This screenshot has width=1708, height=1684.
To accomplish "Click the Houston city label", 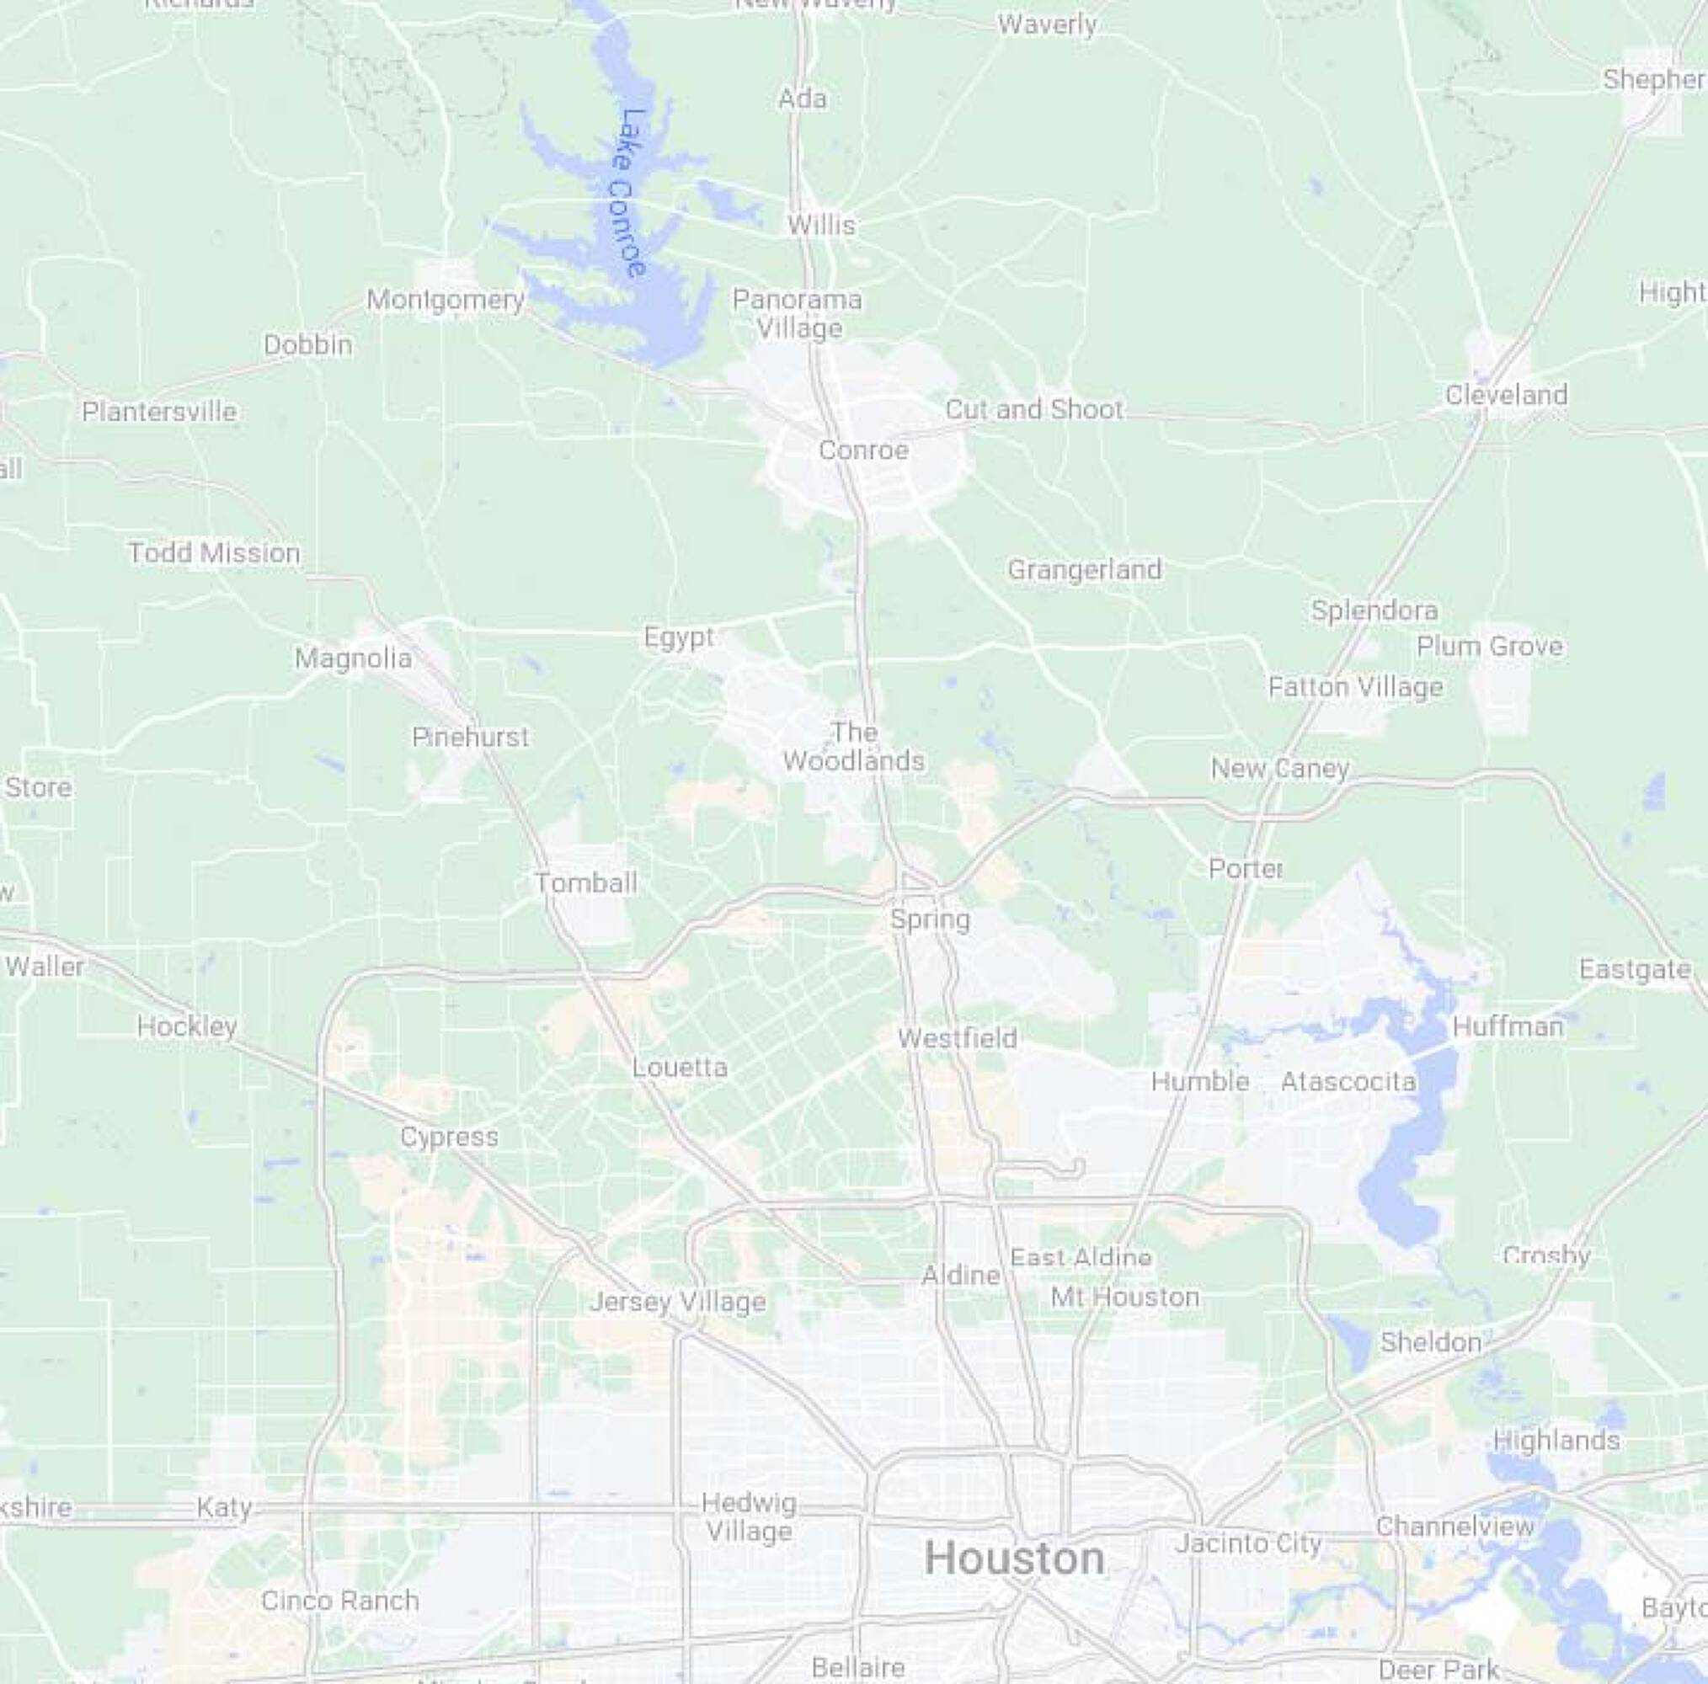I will tap(1014, 1557).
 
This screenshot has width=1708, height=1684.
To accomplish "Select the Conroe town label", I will tap(862, 450).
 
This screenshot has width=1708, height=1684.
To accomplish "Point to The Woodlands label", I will tap(853, 747).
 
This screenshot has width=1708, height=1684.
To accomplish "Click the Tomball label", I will tap(585, 882).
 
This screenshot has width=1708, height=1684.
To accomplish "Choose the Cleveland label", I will tap(1506, 394).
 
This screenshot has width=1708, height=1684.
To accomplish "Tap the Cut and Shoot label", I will tap(1033, 409).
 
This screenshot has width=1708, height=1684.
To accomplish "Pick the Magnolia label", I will tap(353, 658).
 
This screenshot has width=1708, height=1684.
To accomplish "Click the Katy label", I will tap(224, 1506).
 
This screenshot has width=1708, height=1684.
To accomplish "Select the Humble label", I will tap(1199, 1081).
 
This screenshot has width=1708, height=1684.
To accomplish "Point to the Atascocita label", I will tap(1348, 1081).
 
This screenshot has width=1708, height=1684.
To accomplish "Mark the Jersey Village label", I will tap(677, 1302).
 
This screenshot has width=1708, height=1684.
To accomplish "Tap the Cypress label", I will tap(449, 1137).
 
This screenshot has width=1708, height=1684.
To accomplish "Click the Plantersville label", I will tap(159, 411).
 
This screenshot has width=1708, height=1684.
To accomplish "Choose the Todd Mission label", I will tap(214, 552).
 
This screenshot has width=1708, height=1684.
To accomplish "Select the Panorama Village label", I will tap(798, 314).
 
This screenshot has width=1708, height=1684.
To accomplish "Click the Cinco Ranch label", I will tap(339, 1600).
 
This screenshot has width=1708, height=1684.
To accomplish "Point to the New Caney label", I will tap(1279, 768).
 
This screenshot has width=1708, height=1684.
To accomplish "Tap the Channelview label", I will tap(1454, 1526).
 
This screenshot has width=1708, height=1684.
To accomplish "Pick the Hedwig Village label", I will tap(749, 1517).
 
